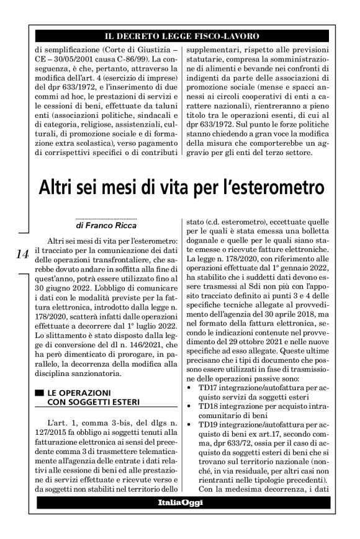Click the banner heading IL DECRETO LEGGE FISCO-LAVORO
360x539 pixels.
pyautogui.click(x=181, y=37)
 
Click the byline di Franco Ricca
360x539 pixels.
pyautogui.click(x=106, y=226)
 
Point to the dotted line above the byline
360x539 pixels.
pyautogui.click(x=105, y=219)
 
